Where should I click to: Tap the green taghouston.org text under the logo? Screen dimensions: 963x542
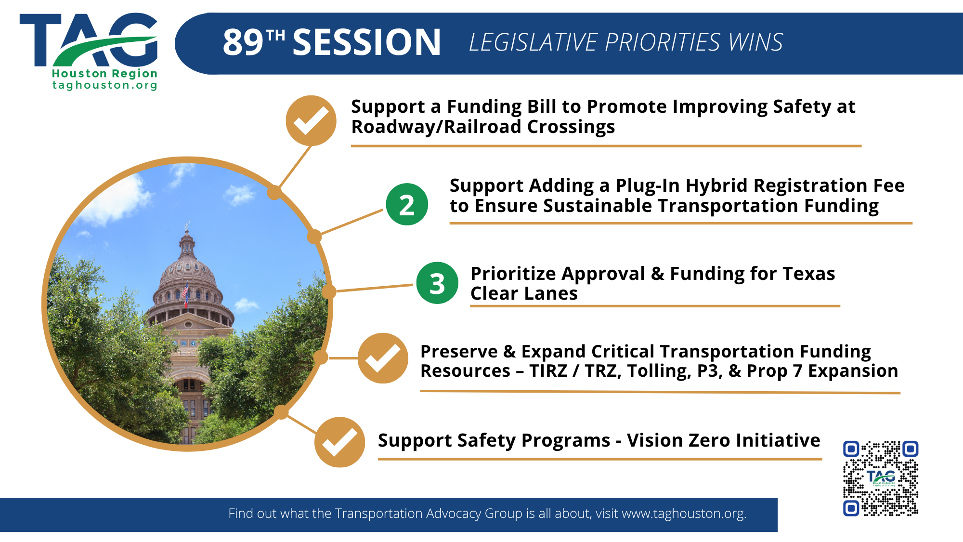105,85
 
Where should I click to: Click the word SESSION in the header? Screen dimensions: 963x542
366,42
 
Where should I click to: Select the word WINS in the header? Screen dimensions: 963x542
755,42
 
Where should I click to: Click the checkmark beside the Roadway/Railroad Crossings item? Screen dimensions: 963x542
311,120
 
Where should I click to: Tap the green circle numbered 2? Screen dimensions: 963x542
407,204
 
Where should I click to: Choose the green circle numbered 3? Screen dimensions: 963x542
437,283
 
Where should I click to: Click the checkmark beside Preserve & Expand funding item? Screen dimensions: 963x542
383,358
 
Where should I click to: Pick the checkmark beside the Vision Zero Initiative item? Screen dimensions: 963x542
339,442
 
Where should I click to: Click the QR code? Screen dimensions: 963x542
881,478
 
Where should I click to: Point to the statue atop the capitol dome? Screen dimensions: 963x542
187,226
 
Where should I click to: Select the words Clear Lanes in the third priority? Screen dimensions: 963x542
524,293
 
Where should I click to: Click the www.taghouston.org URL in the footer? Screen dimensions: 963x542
684,514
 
